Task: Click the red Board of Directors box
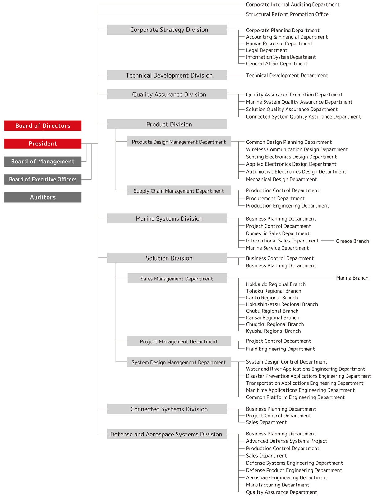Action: coord(43,126)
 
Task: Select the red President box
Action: coord(43,143)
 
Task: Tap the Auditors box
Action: coord(43,197)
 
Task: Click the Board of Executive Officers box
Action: coord(43,179)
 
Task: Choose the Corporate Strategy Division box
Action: coord(167,30)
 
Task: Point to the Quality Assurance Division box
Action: coord(167,94)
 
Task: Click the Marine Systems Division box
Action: coord(167,218)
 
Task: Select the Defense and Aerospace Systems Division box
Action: coord(167,434)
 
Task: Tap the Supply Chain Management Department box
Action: coord(179,191)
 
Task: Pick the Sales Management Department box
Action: coord(177,279)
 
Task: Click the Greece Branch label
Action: coord(352,241)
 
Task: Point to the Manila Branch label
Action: coord(352,278)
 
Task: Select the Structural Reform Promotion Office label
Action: coord(287,14)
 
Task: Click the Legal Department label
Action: coord(266,50)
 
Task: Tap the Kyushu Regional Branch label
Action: coord(273,331)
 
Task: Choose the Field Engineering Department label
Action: coord(280,349)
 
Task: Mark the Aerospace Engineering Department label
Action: coord(287,477)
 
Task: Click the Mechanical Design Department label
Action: coord(281,179)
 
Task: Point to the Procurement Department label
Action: coord(275,198)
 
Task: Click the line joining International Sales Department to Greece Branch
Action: coord(328,241)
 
